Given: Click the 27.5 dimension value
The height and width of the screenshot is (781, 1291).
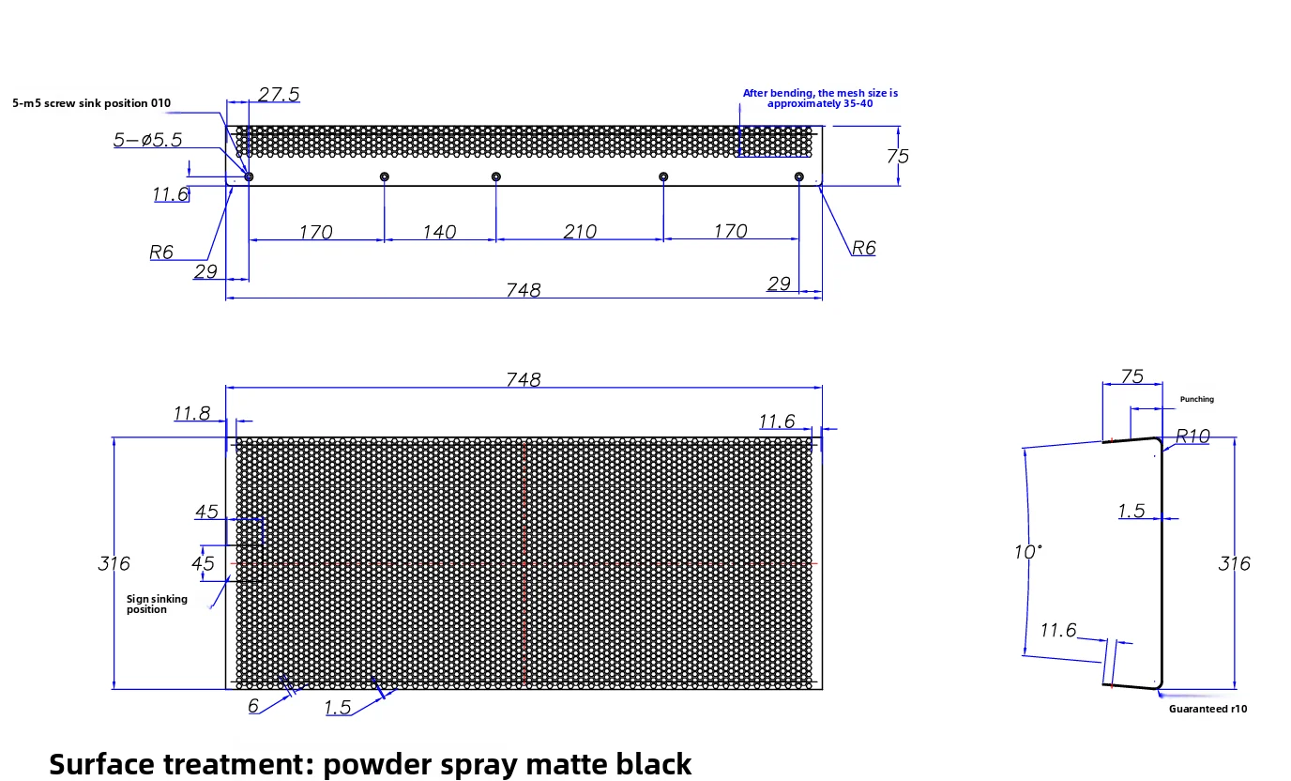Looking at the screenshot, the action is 279,94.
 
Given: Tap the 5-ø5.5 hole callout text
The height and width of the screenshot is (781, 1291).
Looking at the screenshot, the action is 147,140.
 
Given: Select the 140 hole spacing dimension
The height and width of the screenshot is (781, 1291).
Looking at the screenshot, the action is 439,232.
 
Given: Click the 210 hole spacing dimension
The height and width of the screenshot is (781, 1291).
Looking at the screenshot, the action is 579,231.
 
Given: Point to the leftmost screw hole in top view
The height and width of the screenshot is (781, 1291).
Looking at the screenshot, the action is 249,176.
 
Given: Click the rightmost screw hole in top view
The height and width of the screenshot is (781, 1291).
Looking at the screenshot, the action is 798,176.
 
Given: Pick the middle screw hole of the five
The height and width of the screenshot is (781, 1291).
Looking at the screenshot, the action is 496,176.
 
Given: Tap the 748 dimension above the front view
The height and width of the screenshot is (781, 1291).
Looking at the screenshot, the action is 524,379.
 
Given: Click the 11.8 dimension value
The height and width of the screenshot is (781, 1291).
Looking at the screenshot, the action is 192,413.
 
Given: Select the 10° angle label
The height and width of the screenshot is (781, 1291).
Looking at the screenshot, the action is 1028,551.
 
